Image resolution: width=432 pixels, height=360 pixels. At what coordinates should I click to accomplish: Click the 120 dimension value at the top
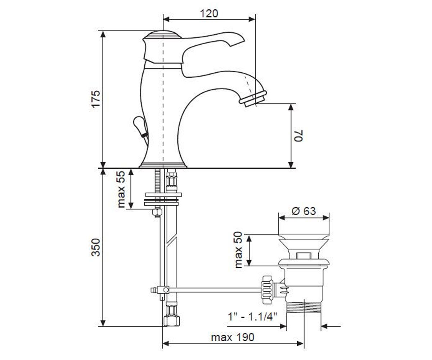[x=209, y=14]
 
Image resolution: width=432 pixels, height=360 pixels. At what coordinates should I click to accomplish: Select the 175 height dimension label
[x=96, y=99]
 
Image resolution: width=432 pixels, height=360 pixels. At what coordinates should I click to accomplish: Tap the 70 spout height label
[x=298, y=135]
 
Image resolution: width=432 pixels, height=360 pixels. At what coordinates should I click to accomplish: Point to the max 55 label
[x=121, y=189]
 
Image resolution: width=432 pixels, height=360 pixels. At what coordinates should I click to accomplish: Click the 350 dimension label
[x=96, y=247]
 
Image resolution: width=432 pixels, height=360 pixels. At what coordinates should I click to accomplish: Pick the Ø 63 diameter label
[x=304, y=211]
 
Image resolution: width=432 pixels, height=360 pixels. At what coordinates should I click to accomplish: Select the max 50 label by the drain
[x=238, y=250]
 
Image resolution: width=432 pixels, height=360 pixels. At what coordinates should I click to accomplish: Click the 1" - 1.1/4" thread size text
[x=252, y=316]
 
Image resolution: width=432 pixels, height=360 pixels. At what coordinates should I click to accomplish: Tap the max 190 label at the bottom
[x=233, y=337]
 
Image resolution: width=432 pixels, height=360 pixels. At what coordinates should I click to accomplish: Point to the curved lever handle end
[x=236, y=39]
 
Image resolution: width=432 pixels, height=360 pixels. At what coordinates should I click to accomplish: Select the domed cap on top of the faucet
[x=162, y=35]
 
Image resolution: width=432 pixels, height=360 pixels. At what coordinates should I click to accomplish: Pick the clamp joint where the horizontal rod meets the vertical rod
[x=163, y=290]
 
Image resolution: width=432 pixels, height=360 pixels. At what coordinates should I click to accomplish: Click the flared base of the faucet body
[x=163, y=165]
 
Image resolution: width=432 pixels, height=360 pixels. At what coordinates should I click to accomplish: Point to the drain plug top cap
[x=304, y=237]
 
